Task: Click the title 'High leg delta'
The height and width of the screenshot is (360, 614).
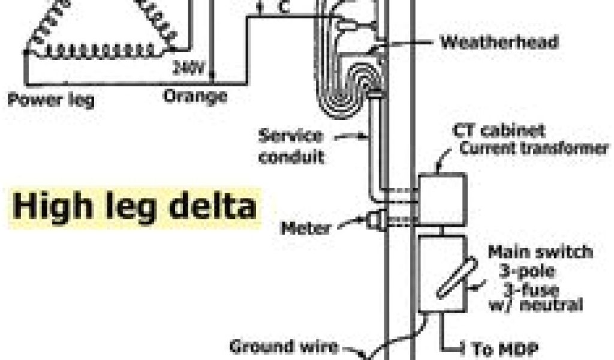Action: pos(136,208)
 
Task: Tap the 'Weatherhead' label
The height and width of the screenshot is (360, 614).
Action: pos(499,42)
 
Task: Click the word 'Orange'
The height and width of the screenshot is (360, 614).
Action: pos(196,95)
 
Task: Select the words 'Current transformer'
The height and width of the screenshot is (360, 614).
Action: pos(534,148)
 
